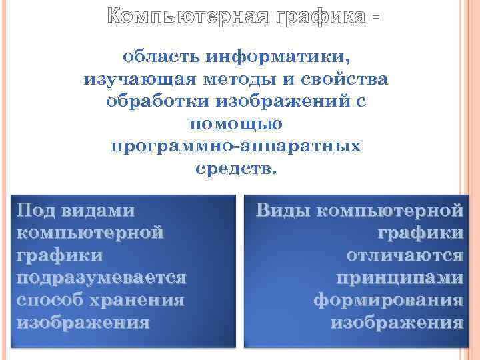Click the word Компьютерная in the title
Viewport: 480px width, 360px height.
pyautogui.click(x=187, y=15)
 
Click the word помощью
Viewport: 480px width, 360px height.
pyautogui.click(x=236, y=124)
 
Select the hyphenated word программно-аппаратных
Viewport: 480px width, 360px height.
pyautogui.click(x=236, y=146)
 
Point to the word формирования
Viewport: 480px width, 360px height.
pyautogui.click(x=388, y=301)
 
